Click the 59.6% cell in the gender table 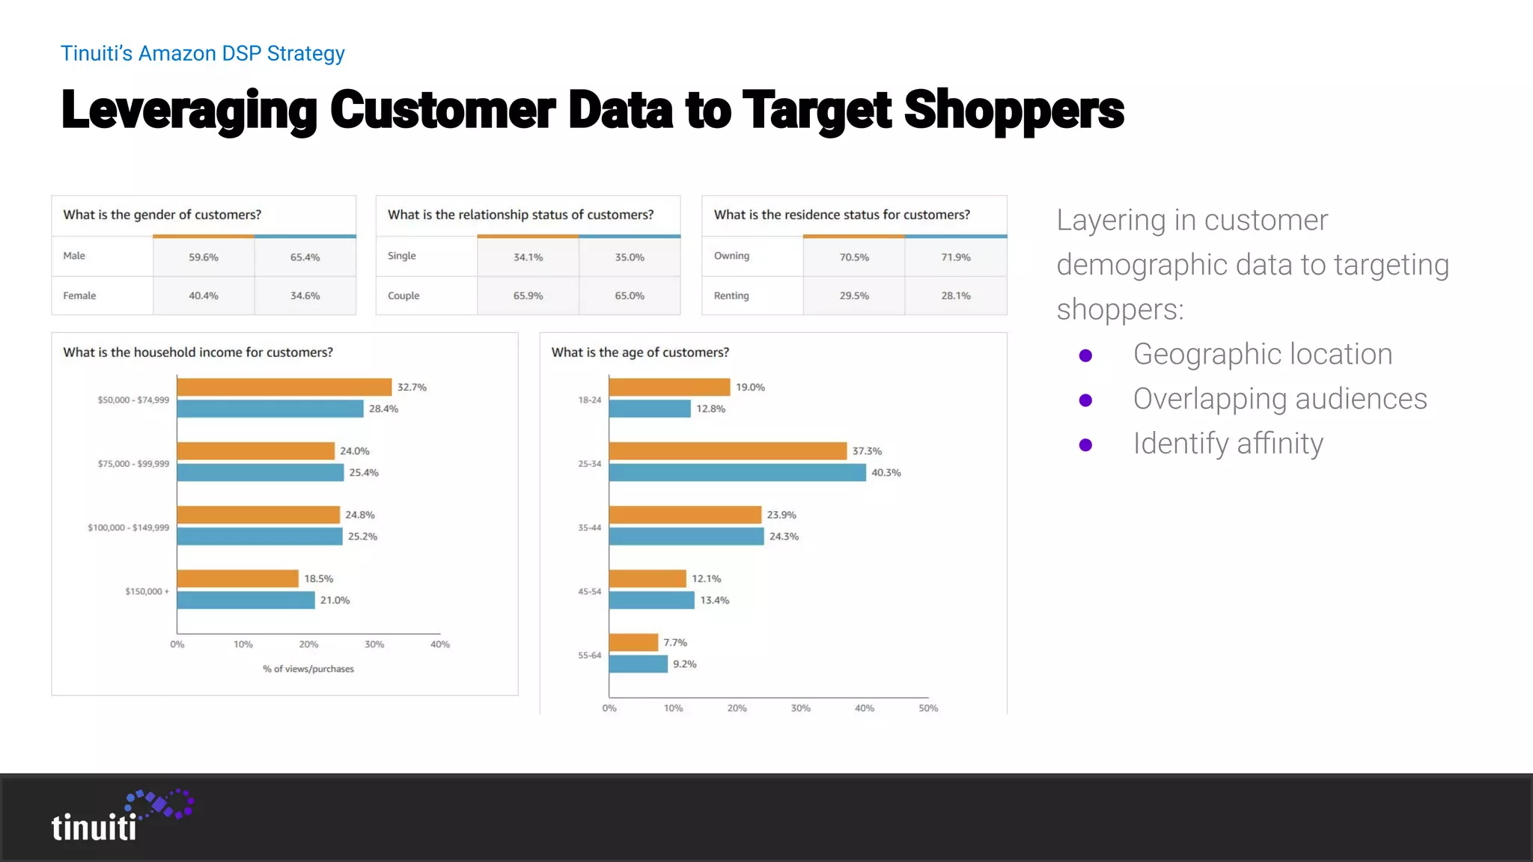click(x=204, y=257)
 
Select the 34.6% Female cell click(x=305, y=296)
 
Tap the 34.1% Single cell click(x=528, y=257)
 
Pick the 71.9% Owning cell click(x=956, y=257)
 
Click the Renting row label click(x=731, y=296)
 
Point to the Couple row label click(x=403, y=296)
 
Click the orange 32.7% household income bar click(x=284, y=387)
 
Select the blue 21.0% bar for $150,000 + click(x=246, y=600)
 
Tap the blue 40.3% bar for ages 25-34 click(x=737, y=472)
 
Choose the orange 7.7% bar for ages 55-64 click(x=633, y=642)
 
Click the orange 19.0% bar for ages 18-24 click(x=669, y=387)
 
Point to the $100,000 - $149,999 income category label click(x=129, y=528)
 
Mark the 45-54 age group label click(x=589, y=591)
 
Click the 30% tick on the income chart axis click(x=374, y=644)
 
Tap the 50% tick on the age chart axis click(x=928, y=708)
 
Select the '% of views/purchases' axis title click(x=308, y=669)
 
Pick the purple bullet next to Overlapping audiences click(x=1085, y=400)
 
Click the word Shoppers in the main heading click(x=1014, y=110)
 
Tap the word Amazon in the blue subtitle click(x=177, y=54)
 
